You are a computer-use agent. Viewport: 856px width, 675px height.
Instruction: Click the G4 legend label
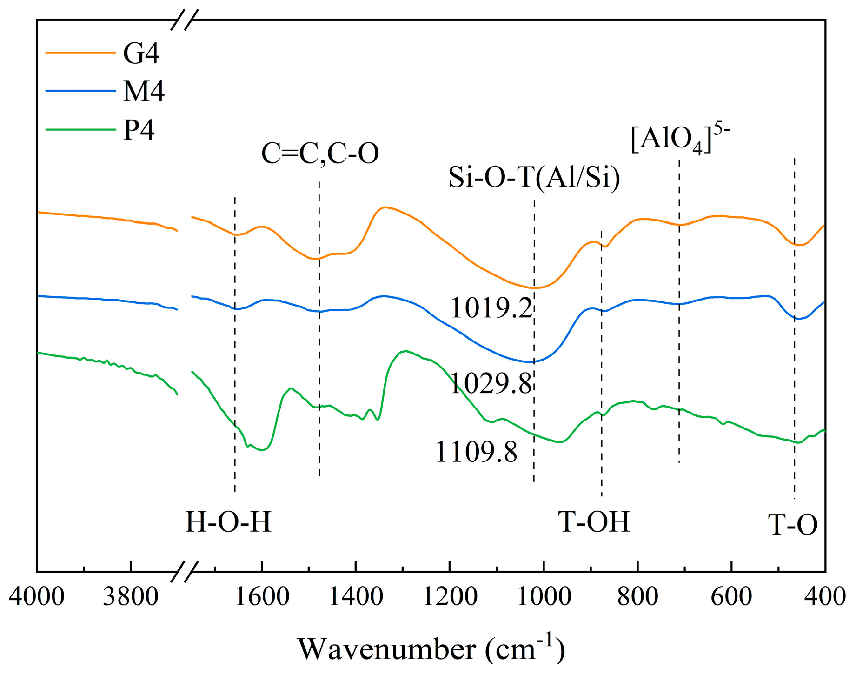tap(141, 53)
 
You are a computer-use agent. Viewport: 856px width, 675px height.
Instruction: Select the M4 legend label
tap(144, 91)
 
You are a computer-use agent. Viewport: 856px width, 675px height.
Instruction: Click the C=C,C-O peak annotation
tap(320, 154)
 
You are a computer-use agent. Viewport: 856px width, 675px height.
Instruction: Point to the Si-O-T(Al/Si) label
tap(534, 177)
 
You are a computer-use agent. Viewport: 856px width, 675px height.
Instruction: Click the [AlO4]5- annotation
tap(680, 139)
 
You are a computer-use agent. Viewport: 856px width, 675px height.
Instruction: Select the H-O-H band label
tap(228, 522)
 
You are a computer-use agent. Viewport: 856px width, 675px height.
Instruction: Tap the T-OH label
tap(594, 522)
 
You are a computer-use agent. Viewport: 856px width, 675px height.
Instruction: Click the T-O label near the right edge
tap(792, 525)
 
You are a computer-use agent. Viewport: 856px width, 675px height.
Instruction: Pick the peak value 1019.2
tap(491, 308)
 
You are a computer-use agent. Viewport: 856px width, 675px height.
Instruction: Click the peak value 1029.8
tap(491, 384)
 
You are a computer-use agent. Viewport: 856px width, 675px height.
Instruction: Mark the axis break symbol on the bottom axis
tap(185, 572)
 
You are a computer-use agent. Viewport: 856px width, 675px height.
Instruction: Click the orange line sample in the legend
tap(80, 53)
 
